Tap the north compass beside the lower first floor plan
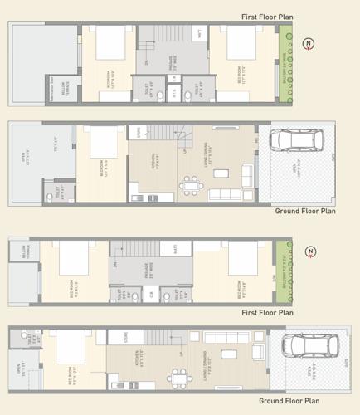(309, 251)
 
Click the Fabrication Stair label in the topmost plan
(58, 79)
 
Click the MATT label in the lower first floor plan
(175, 248)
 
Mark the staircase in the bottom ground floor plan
(157, 338)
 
